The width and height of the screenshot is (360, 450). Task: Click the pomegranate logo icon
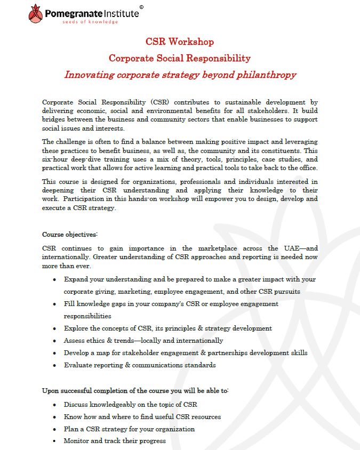coord(35,13)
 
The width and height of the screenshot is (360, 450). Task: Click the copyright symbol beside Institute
coord(141,7)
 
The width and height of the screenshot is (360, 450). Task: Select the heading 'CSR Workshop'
coord(180,42)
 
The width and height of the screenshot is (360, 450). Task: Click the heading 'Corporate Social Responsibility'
coord(180,58)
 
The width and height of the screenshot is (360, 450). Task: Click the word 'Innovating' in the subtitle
coord(89,75)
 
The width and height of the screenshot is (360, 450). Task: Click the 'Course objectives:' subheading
coord(70,234)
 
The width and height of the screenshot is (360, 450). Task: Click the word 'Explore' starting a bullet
coord(77,328)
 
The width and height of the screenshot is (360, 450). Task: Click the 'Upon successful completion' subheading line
coord(135,391)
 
